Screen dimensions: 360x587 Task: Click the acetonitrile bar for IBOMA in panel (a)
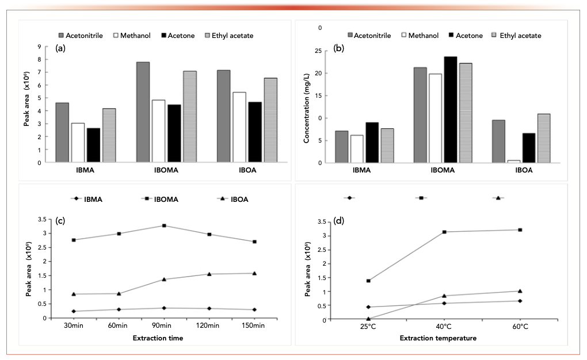[x=143, y=112]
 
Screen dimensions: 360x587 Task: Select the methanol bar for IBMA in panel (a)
[x=78, y=143]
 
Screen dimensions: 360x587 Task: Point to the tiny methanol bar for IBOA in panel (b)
[x=497, y=161]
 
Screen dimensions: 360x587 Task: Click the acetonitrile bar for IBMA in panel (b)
[x=342, y=147]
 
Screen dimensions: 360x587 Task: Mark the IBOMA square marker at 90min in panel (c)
[x=164, y=225]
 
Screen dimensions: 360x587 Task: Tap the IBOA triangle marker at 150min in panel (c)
[x=253, y=273]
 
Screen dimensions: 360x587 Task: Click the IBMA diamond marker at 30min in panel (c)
[x=74, y=311]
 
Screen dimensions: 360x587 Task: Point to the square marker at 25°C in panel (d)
[x=368, y=281]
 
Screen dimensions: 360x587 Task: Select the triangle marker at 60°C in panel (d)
[x=520, y=291]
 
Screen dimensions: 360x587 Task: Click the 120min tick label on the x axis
[x=208, y=326]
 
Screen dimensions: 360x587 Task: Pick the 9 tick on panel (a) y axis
[x=39, y=47]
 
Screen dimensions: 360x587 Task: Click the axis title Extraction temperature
[x=439, y=338]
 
